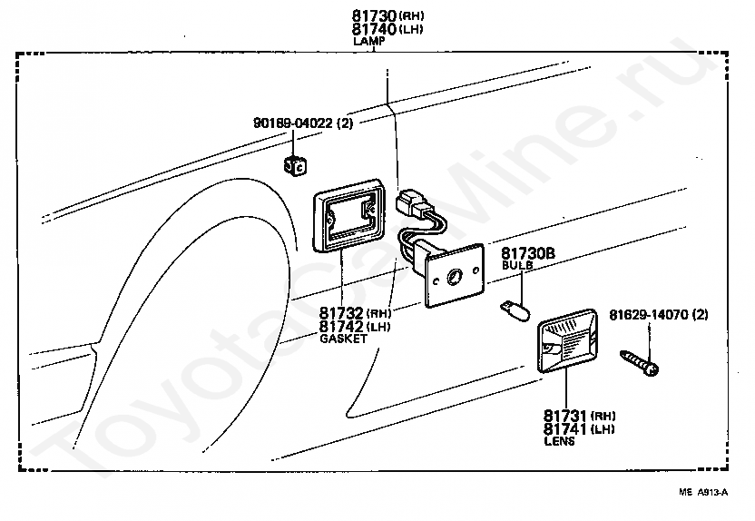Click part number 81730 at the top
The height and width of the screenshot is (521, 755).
point(373,16)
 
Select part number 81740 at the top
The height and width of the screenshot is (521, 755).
point(373,29)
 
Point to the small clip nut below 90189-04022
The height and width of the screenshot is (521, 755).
point(295,165)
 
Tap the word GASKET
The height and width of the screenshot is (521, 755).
point(344,339)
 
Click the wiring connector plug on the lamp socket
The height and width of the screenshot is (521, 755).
point(415,204)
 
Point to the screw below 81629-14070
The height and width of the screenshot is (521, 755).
point(641,361)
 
